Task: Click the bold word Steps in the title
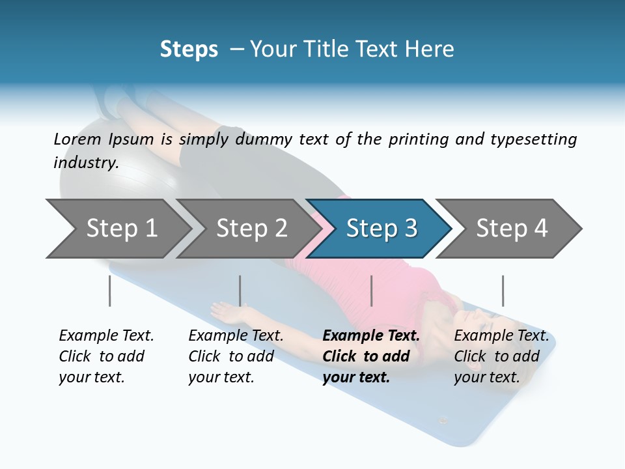coord(189,49)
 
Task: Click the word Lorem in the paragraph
coord(75,139)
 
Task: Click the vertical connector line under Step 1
coord(110,291)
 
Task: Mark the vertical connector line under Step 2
coord(240,291)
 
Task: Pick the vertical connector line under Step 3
coord(371,291)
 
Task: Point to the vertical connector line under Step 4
coord(503,291)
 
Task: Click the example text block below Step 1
coord(106,356)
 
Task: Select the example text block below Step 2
coord(236,356)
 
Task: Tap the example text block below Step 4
coord(501,356)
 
